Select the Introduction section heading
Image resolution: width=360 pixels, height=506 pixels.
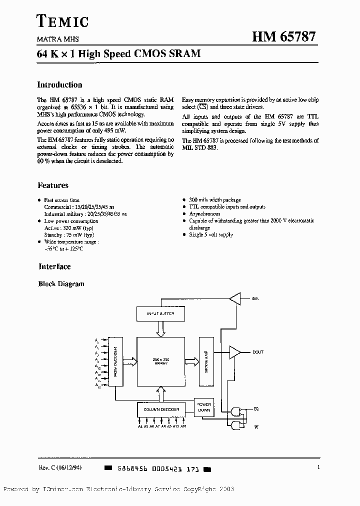pyautogui.click(x=59, y=85)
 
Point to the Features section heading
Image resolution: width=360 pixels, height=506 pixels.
pyautogui.click(x=53, y=185)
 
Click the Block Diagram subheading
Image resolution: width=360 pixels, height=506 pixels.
pyautogui.click(x=61, y=284)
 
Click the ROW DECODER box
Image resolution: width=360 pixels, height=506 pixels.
pyautogui.click(x=115, y=361)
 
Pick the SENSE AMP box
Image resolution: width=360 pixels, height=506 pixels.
pyautogui.click(x=206, y=359)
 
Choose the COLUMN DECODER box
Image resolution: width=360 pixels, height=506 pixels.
pyautogui.click(x=158, y=409)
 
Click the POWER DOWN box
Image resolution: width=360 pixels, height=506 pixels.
pyautogui.click(x=204, y=407)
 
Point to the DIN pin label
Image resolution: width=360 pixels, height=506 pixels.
pyautogui.click(x=255, y=299)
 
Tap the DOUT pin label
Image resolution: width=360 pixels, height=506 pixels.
pyautogui.click(x=257, y=352)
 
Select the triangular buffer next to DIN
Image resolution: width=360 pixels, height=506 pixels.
pyautogui.click(x=234, y=299)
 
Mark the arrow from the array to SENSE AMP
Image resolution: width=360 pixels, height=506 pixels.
pyautogui.click(x=191, y=361)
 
